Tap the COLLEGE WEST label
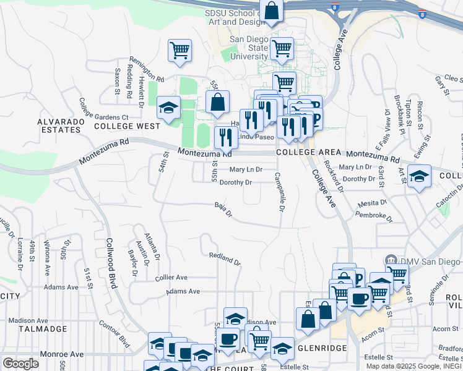coord(127,126)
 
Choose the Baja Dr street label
coord(223,210)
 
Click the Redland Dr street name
coord(224,258)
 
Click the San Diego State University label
coord(248,48)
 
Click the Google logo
coord(21,364)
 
